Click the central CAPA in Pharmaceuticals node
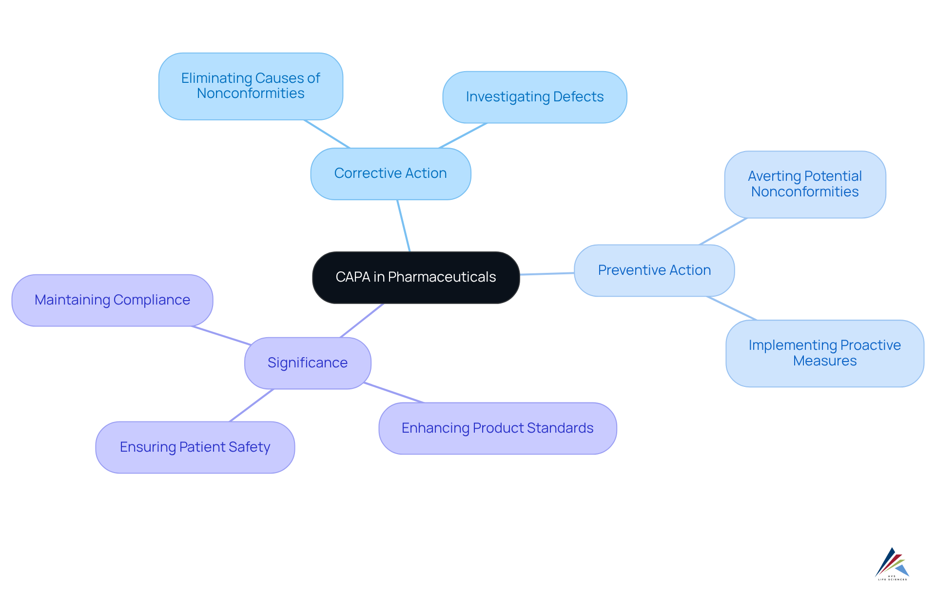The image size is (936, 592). point(416,277)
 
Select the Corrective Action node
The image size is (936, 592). point(390,173)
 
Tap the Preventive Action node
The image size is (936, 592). point(654,270)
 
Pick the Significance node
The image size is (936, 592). point(308,363)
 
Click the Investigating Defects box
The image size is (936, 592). point(535,97)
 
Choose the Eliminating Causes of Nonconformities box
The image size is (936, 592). point(251,86)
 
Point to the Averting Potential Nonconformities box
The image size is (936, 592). point(805,184)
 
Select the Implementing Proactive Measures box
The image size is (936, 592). point(825,353)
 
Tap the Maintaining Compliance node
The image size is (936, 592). point(112,300)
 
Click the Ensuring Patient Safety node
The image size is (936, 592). point(195,447)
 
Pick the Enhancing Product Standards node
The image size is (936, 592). point(498,428)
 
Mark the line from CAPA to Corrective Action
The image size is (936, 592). point(404,226)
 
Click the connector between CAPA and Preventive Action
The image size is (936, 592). point(547,274)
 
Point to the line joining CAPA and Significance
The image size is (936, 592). point(362,321)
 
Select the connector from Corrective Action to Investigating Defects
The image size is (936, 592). point(463,135)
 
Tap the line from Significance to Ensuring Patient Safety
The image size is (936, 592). point(252,405)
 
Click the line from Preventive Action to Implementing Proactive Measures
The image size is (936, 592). point(731,308)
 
